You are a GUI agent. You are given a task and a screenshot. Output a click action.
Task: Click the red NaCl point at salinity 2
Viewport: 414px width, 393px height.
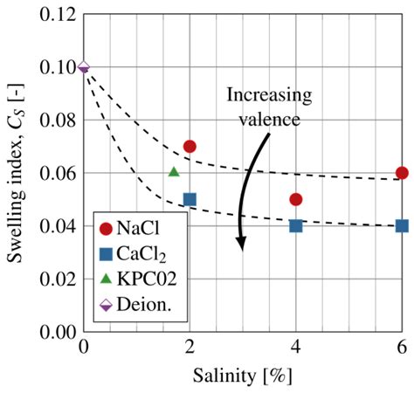pyautogui.click(x=190, y=146)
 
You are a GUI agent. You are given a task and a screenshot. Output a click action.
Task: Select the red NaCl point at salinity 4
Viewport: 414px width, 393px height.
pyautogui.click(x=296, y=199)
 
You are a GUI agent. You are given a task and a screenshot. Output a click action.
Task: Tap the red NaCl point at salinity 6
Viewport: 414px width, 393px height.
pyautogui.click(x=402, y=173)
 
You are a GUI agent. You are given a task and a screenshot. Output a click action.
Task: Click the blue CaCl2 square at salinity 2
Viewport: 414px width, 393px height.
pyautogui.click(x=190, y=199)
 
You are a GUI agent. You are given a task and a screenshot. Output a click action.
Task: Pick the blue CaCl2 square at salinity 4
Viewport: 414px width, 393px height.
pyautogui.click(x=296, y=225)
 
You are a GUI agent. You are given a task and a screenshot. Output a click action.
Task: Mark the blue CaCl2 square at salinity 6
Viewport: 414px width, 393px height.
pyautogui.click(x=402, y=225)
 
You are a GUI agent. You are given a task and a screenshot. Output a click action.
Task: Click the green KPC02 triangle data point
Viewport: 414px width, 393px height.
pyautogui.click(x=174, y=173)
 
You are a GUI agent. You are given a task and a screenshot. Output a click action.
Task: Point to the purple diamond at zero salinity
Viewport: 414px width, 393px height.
pyautogui.click(x=84, y=67)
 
